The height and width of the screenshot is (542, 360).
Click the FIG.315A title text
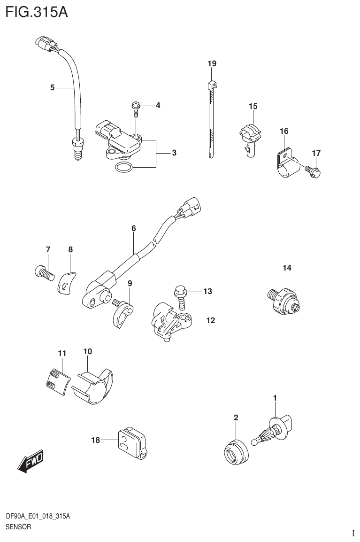tap(37, 12)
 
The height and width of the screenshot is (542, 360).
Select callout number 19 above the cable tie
tap(212, 63)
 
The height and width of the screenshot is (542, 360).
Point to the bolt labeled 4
tap(136, 110)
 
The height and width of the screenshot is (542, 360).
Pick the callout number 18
tap(96, 440)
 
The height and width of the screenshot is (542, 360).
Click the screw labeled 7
tap(43, 272)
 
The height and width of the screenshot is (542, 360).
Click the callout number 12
tap(210, 321)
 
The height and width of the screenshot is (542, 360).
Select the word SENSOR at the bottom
tap(18, 527)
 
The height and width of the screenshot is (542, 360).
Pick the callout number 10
tap(88, 351)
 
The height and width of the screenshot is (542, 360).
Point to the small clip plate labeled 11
tap(57, 378)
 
